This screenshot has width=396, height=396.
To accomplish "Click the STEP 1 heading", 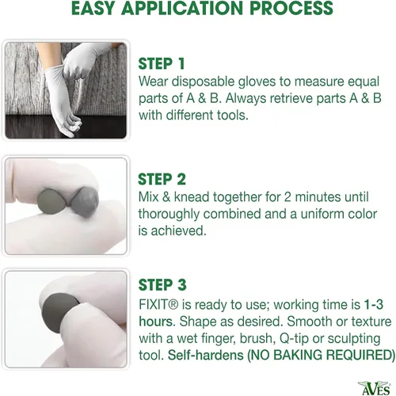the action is tap(162, 64).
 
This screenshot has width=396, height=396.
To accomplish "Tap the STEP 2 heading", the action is tap(162, 180).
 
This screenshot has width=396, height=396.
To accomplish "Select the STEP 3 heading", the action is tap(162, 285).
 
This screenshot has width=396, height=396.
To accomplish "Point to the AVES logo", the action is tap(374, 388).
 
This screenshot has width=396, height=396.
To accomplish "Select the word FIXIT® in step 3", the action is tap(158, 305).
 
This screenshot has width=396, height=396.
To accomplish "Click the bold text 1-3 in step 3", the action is tap(374, 305).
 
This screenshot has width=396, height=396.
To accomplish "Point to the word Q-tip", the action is tap(294, 339).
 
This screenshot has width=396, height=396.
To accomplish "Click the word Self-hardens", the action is tap(206, 355).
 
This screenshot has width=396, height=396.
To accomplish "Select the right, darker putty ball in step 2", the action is tap(85, 201).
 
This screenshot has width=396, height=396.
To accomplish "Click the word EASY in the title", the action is tap(93, 8).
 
